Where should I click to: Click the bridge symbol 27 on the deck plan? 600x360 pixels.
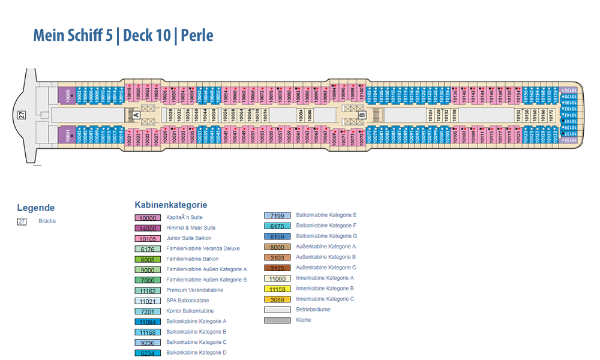tap(22, 116)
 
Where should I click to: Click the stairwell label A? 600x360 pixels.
tap(136, 115)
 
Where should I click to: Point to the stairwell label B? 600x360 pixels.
tap(362, 115)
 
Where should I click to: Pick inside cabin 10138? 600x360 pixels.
tap(454, 114)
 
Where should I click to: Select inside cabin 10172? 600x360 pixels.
tap(551, 114)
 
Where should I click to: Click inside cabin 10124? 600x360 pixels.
tap(430, 114)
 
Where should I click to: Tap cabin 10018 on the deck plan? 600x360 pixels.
tap(129, 92)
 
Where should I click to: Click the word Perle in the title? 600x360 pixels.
tap(197, 35)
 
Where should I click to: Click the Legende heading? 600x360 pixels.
tap(35, 208)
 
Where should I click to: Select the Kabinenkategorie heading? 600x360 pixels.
tap(171, 205)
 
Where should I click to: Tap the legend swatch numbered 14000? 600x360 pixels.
tap(147, 229)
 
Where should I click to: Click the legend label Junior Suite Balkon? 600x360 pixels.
tap(188, 239)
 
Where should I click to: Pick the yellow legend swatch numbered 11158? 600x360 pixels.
tap(277, 289)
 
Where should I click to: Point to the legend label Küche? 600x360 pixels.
tap(304, 320)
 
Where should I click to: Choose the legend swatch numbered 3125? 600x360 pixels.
tap(277, 268)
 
